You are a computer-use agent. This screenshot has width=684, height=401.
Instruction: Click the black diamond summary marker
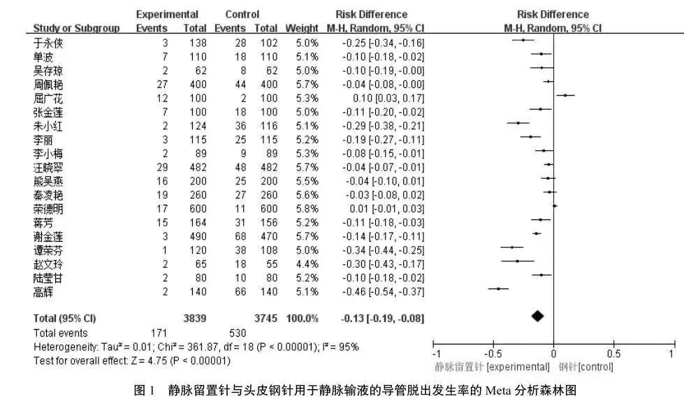[537, 317]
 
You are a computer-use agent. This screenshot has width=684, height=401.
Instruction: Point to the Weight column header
[302, 29]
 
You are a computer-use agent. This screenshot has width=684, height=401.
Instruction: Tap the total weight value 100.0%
[302, 318]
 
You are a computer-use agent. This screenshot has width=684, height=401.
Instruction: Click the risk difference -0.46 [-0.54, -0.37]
[383, 291]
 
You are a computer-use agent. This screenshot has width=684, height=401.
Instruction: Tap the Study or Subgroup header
[76, 29]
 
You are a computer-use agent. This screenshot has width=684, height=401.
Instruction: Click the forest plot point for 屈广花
[565, 95]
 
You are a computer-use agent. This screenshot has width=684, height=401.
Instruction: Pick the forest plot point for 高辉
[498, 289]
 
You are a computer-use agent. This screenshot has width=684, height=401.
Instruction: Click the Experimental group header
[167, 15]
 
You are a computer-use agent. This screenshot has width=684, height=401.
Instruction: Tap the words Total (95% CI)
[65, 318]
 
